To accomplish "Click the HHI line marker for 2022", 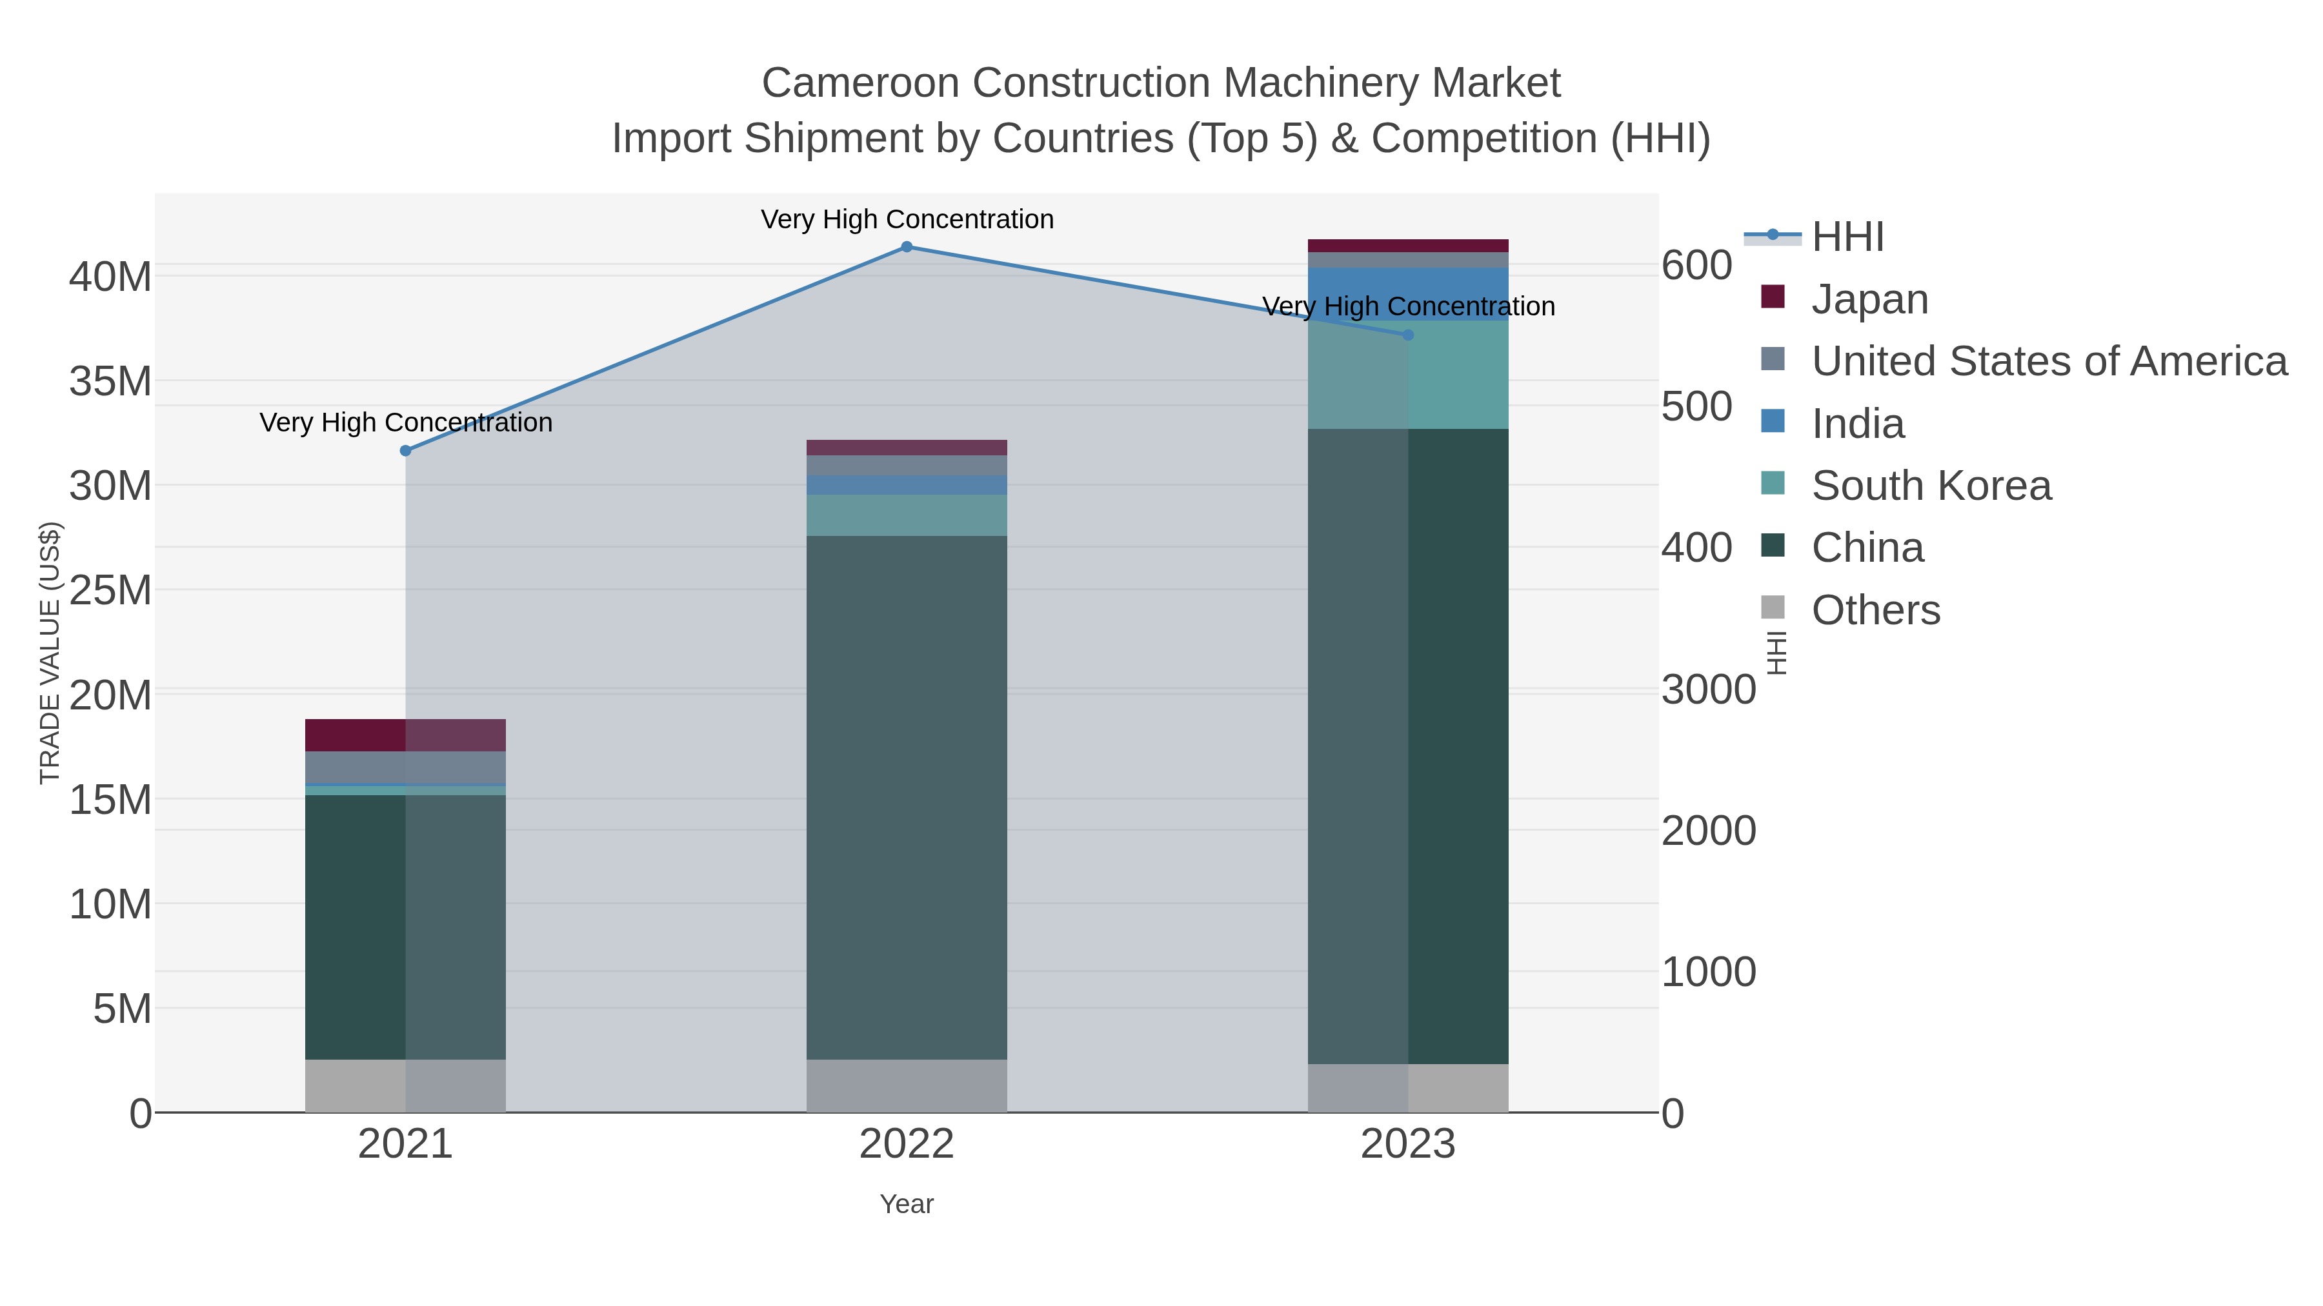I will coord(907,247).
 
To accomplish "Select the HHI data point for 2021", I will coord(406,451).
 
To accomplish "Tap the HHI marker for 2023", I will coord(1408,335).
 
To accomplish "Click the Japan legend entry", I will coord(1869,299).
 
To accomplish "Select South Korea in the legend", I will coord(1931,485).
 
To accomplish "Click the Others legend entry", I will coord(1875,609).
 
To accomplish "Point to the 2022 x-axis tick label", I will coord(907,1145).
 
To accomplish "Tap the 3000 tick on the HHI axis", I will coord(1708,689).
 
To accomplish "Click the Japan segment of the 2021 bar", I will coord(406,735).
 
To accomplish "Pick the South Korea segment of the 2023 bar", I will coord(1408,374).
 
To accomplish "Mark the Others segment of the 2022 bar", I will coord(907,1085).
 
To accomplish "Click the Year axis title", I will coord(907,1203).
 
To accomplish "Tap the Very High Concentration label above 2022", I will coord(907,219).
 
